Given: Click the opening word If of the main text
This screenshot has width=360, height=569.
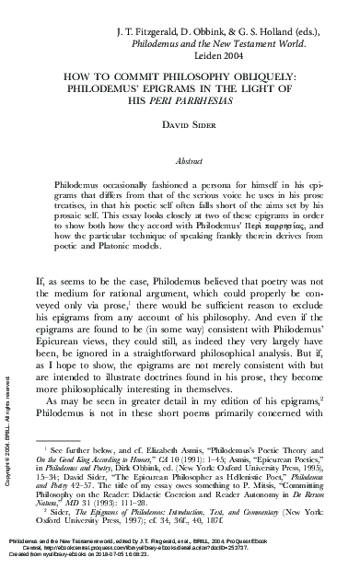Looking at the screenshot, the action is point(39,276).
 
